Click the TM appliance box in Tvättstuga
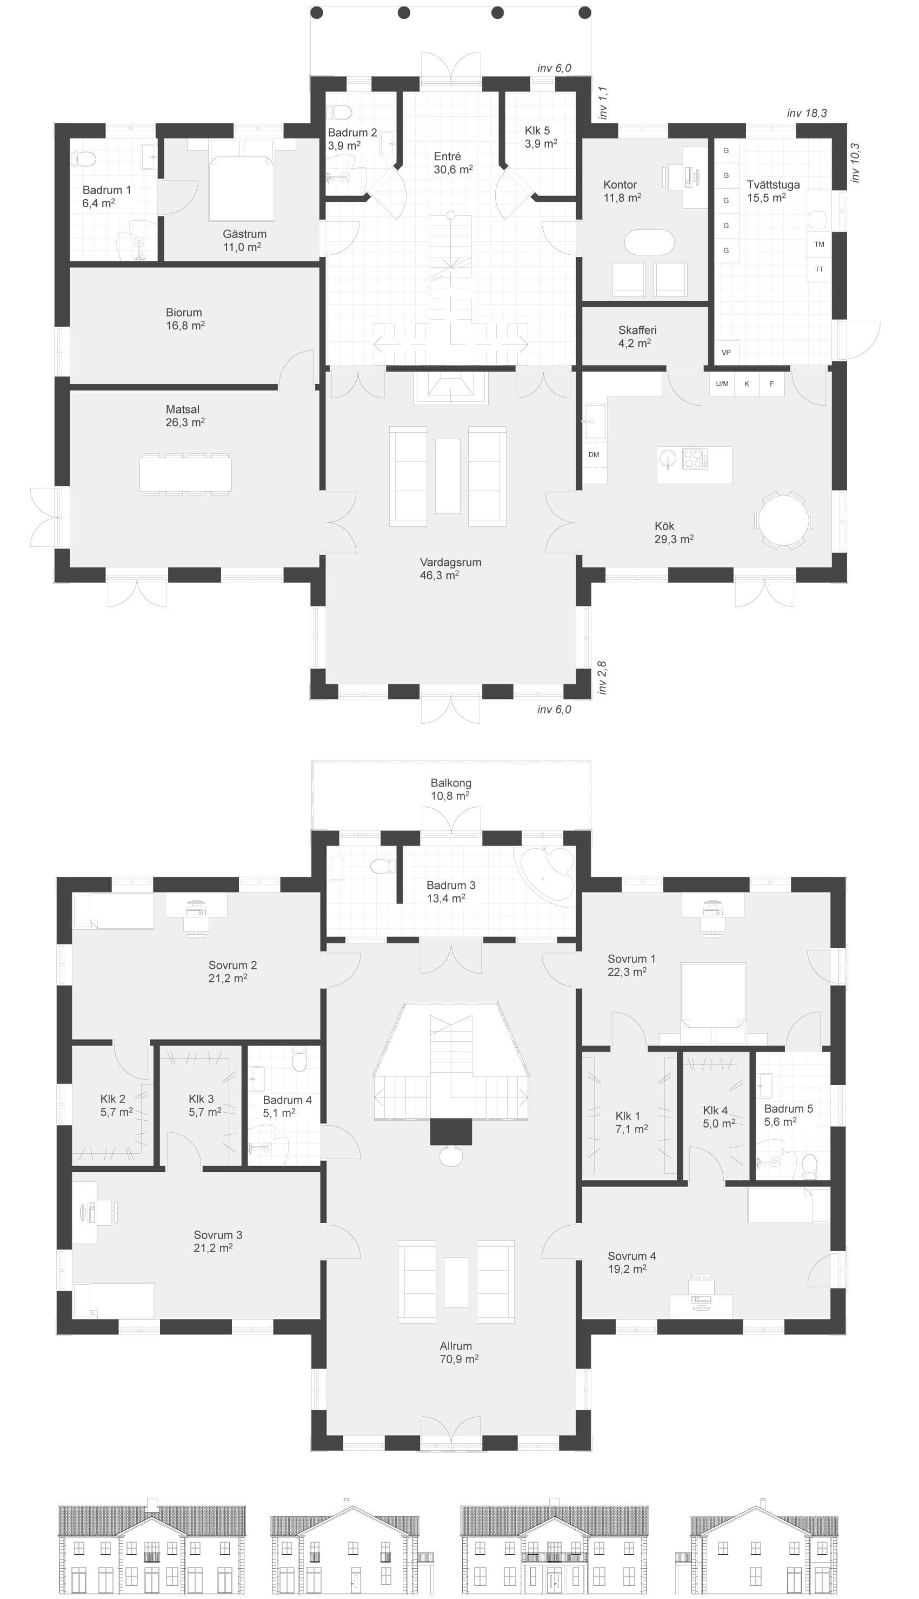coord(820,245)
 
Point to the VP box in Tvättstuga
coord(726,352)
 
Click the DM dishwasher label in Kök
coord(594,455)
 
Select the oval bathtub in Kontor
coord(649,242)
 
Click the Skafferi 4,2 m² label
coord(637,336)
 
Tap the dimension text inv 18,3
coord(807,114)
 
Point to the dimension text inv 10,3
coord(855,163)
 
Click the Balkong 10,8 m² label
coord(451,789)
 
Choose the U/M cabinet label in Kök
coord(722,384)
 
